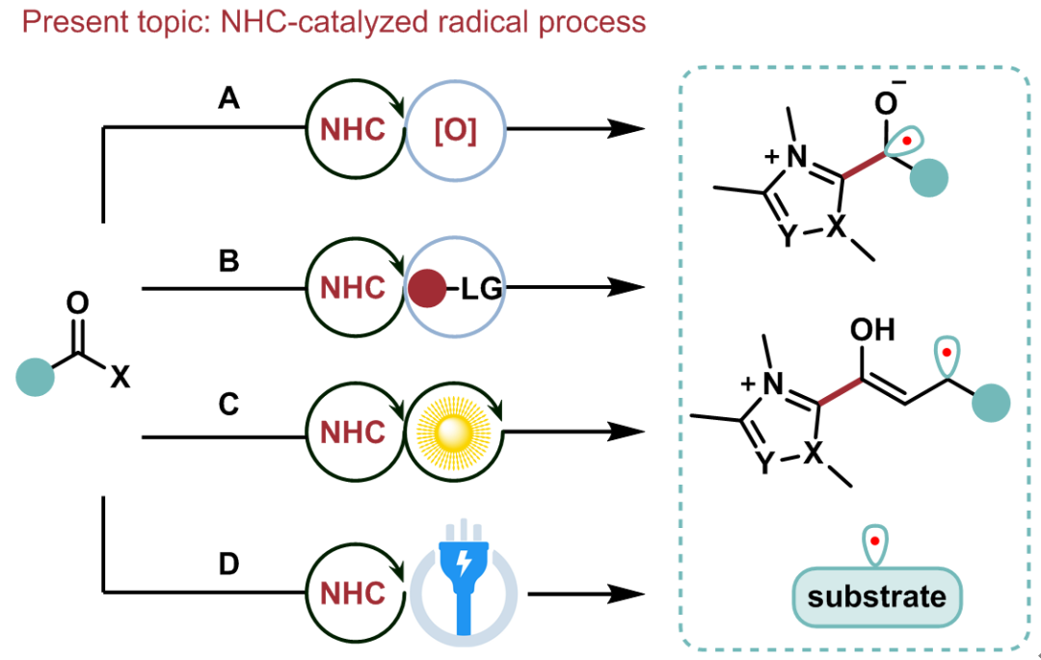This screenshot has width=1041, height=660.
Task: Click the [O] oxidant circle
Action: tap(455, 131)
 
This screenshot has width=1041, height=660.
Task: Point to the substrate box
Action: tap(876, 596)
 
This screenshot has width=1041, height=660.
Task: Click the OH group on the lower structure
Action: tap(873, 331)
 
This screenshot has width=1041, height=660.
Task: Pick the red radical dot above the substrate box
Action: tap(874, 542)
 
